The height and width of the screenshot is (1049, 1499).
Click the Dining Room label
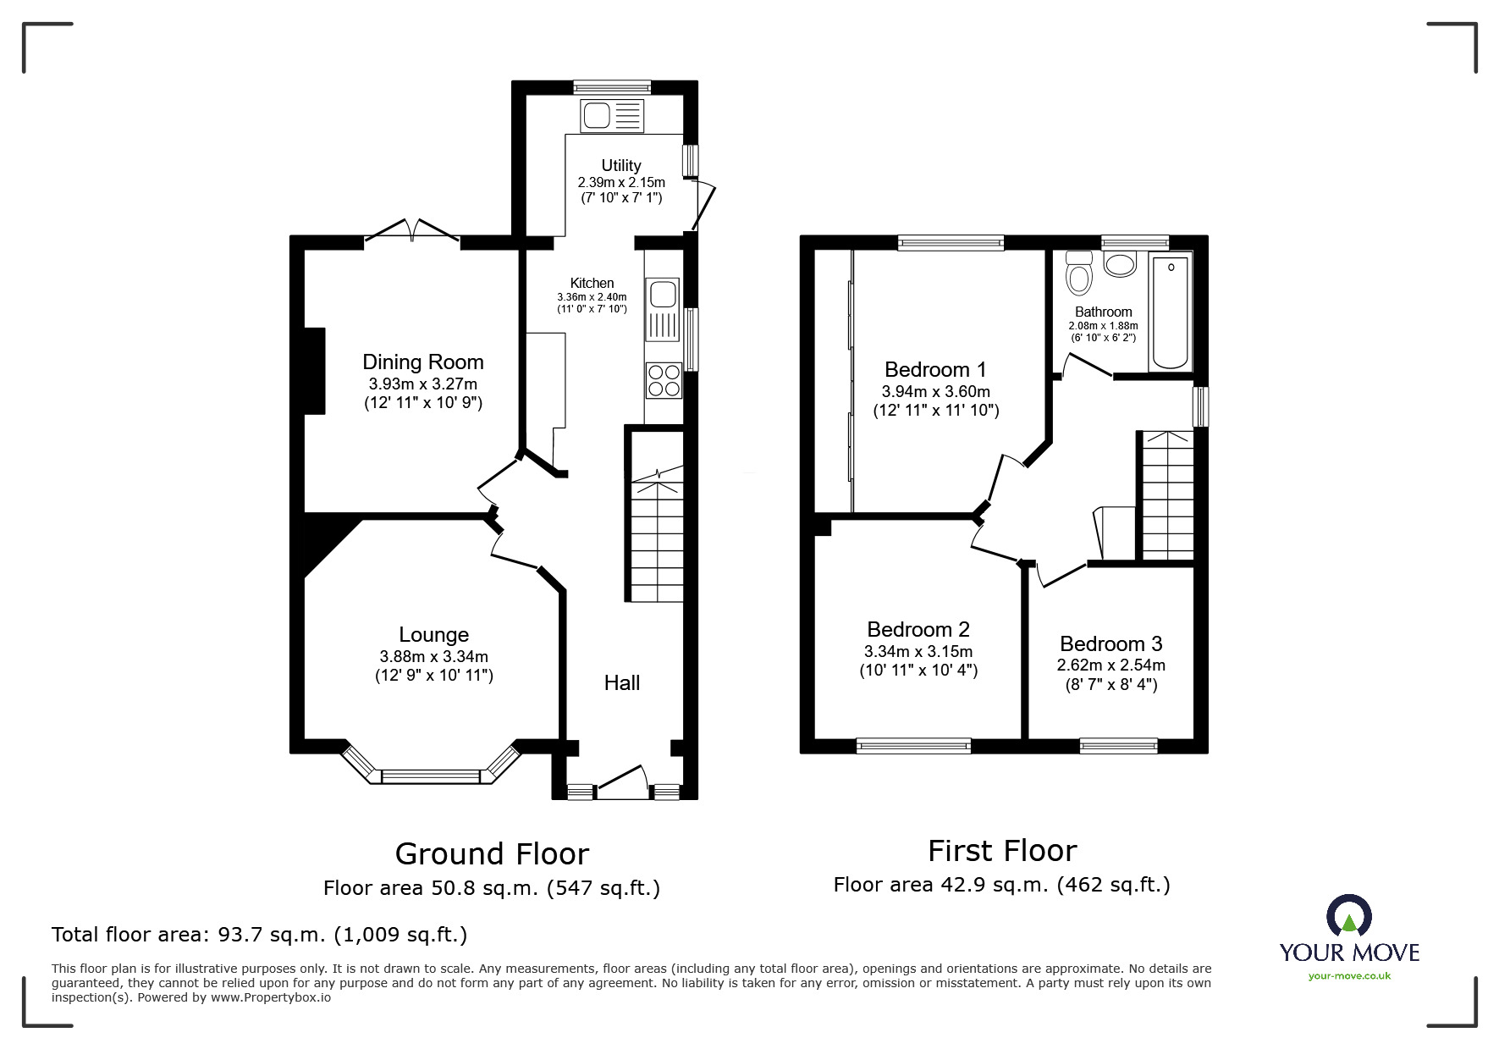point(423,362)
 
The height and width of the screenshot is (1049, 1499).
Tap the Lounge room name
point(433,635)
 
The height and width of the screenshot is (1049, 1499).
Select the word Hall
point(622,683)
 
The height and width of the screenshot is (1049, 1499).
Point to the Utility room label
point(621,165)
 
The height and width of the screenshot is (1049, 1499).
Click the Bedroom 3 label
point(1111,644)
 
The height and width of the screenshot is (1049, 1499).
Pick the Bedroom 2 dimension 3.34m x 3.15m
point(918,652)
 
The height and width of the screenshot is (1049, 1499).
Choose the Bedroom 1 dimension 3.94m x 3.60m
point(936,392)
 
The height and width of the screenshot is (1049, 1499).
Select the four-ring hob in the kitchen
point(664,380)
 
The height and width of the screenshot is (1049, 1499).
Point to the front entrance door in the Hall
point(622,781)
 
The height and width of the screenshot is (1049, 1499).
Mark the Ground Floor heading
point(492,854)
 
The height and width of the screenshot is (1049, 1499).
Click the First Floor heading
point(1002,851)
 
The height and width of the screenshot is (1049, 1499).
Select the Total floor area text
point(259,935)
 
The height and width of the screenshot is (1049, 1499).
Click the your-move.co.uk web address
point(1349,976)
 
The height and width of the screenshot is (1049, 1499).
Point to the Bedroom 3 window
point(1119,746)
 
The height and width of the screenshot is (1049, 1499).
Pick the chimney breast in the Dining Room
point(314,371)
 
